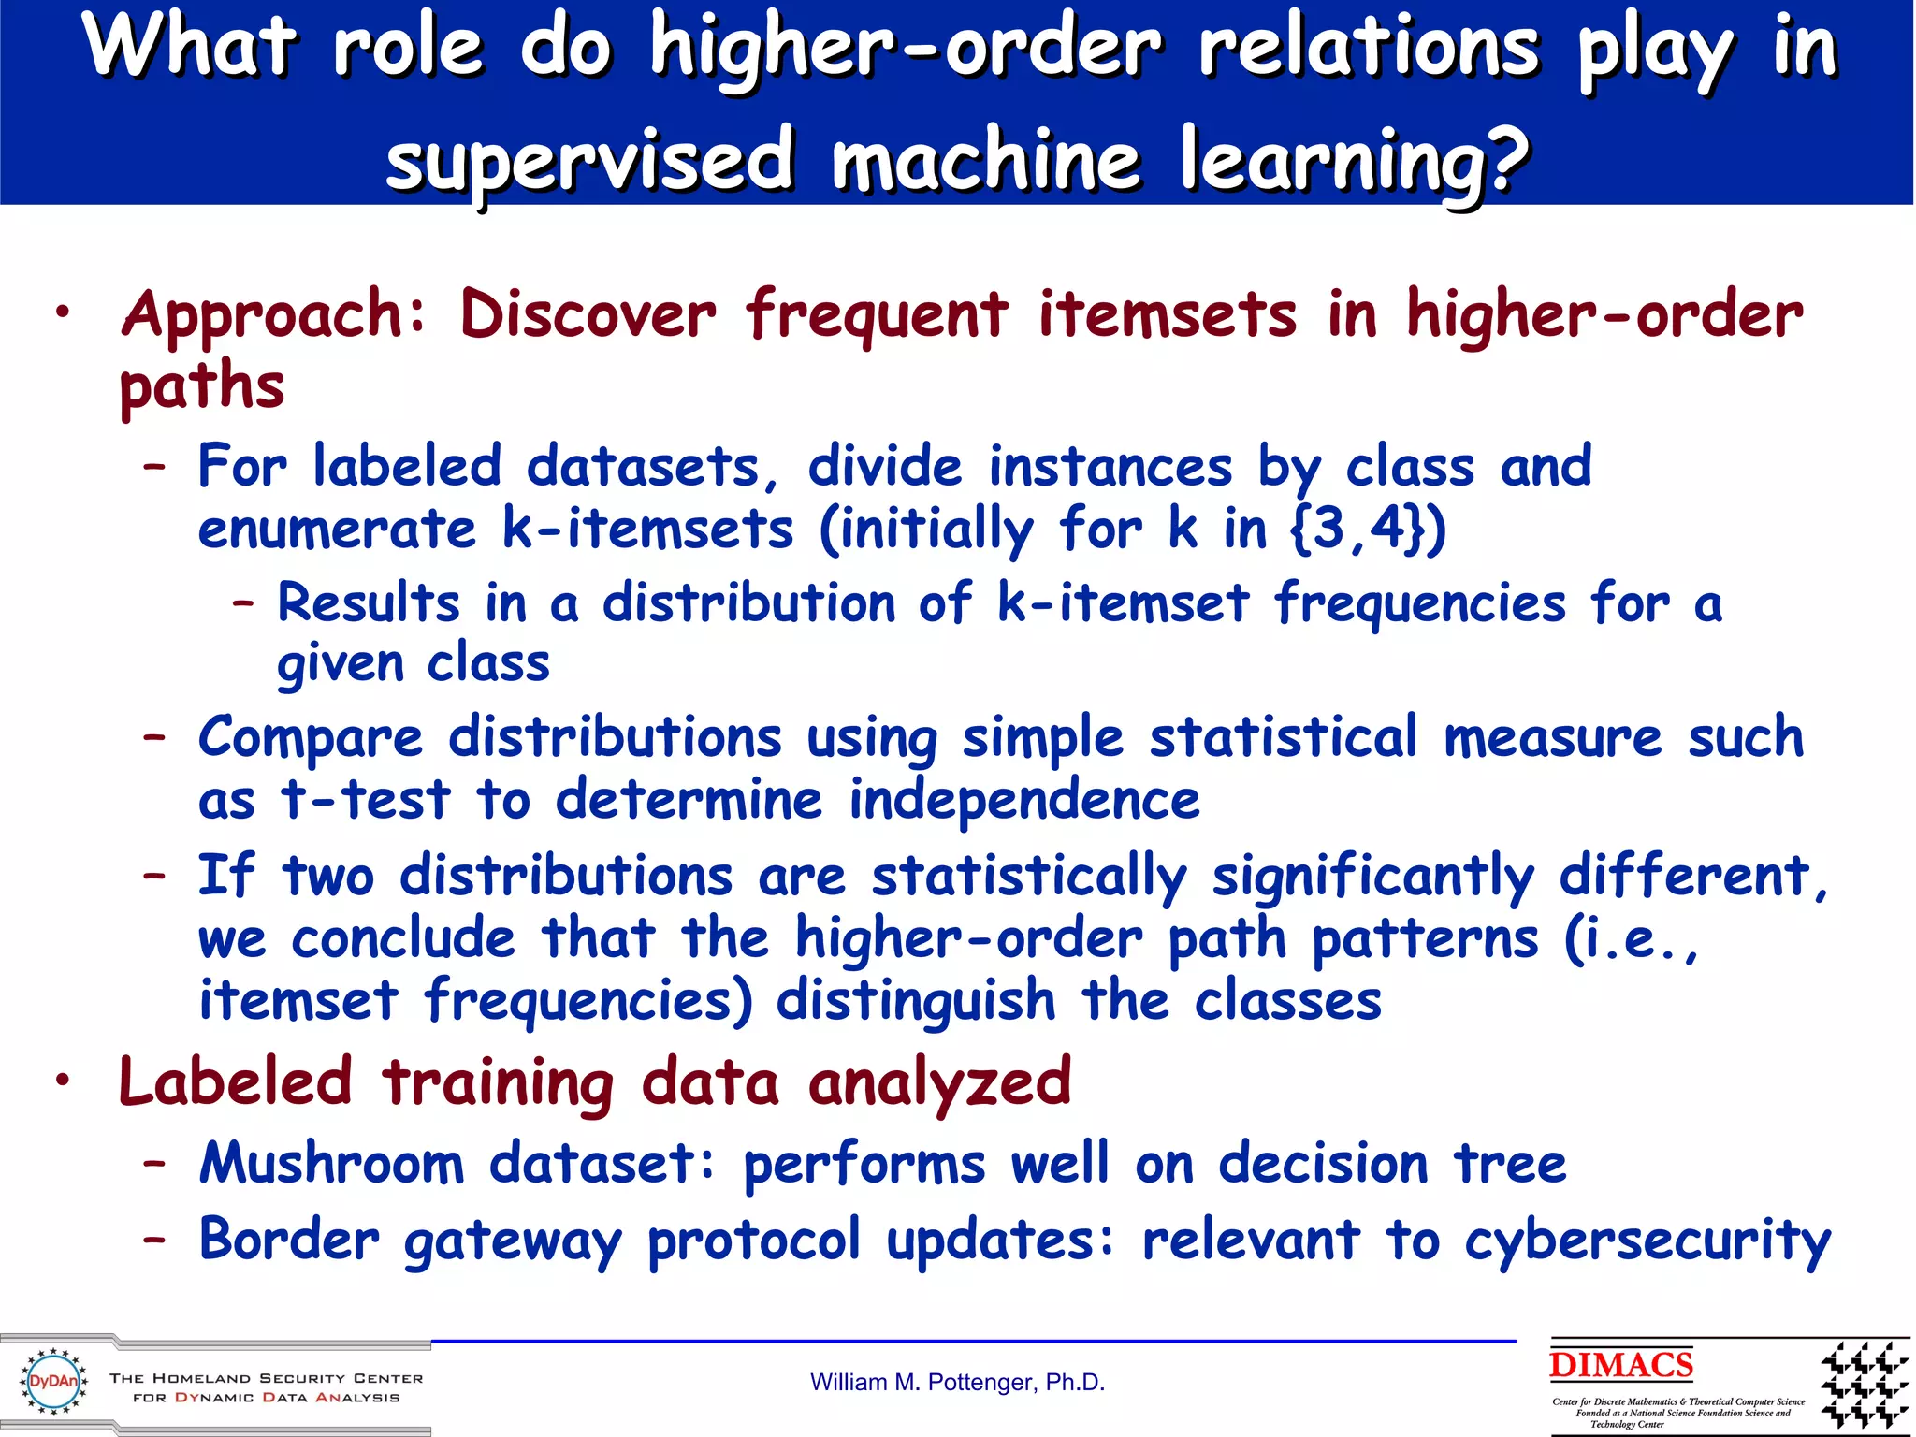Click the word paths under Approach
pyautogui.click(x=202, y=387)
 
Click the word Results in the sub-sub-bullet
pyautogui.click(x=369, y=602)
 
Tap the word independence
pyautogui.click(x=1023, y=801)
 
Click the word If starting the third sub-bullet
pyautogui.click(x=225, y=877)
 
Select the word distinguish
pyautogui.click(x=916, y=1000)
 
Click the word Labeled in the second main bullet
pyautogui.click(x=236, y=1082)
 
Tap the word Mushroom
pyautogui.click(x=332, y=1164)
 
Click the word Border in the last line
pyautogui.click(x=290, y=1241)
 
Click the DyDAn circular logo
pyautogui.click(x=53, y=1382)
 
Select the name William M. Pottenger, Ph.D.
pyautogui.click(x=957, y=1383)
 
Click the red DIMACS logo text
pyautogui.click(x=1620, y=1365)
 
